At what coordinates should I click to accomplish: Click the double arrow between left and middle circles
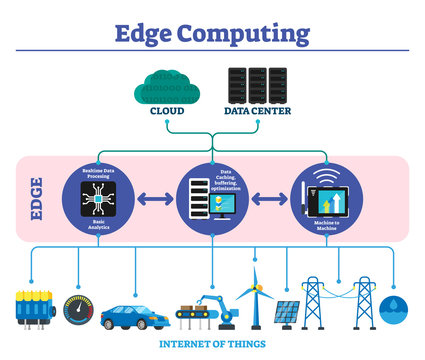(156, 198)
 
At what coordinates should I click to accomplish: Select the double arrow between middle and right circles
(269, 198)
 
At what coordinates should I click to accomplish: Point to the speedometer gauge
(80, 309)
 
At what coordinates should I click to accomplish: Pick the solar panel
(287, 314)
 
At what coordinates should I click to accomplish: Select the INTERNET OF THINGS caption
(213, 345)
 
